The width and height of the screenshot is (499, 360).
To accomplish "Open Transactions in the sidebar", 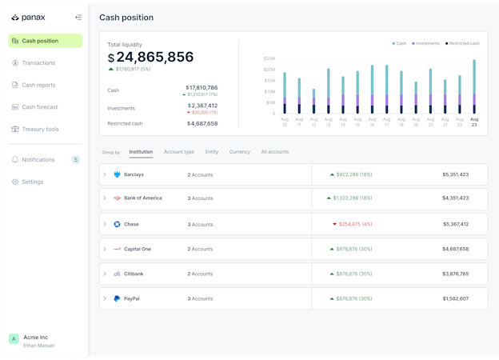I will [x=38, y=62].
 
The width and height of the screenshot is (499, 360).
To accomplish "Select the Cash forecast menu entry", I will [x=40, y=106].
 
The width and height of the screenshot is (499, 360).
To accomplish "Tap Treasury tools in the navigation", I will [x=40, y=129].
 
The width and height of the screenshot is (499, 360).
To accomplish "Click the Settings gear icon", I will [x=15, y=182].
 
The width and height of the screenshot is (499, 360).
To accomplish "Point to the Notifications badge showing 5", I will [x=76, y=160].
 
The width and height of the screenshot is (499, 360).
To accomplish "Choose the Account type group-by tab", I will [x=179, y=151].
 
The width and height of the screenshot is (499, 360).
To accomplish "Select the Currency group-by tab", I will [x=239, y=151].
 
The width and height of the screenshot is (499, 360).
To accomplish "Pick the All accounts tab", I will [x=275, y=151].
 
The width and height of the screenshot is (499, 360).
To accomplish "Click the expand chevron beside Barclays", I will [x=105, y=174].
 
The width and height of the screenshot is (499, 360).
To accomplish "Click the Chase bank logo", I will [x=117, y=224].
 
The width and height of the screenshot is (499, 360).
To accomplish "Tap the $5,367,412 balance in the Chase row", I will [x=455, y=224].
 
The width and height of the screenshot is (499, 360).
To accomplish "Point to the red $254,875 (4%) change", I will [x=353, y=224].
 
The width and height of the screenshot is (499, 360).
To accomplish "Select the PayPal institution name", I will [x=133, y=298].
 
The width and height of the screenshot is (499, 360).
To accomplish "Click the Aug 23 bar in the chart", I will [x=474, y=88].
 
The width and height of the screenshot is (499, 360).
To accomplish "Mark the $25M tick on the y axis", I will [x=269, y=58].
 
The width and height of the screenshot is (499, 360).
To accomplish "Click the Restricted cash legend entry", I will [x=464, y=43].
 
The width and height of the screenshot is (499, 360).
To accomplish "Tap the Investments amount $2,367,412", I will [x=202, y=105].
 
